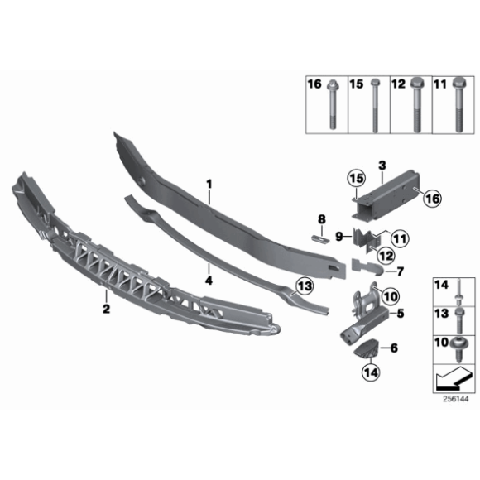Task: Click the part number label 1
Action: point(209,182)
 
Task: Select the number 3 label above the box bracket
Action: point(382,166)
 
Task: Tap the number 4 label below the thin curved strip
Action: point(209,280)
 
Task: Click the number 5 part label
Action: point(401,314)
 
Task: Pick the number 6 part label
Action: point(394,348)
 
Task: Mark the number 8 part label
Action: point(320,218)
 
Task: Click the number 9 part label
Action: point(338,237)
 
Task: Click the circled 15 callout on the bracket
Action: point(355,179)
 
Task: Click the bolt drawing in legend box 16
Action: point(332,108)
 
